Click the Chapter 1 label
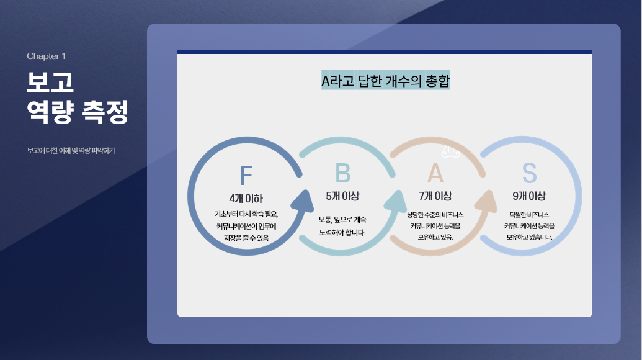point(46,56)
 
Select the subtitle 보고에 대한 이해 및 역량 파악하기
point(71,151)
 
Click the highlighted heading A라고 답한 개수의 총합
point(385,81)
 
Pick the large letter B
point(342,174)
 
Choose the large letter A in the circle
point(435,174)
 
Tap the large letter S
point(529,174)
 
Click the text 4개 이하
point(246,199)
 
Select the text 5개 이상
point(342,196)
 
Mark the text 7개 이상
point(435,196)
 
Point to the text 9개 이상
point(529,196)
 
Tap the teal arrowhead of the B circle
point(396,200)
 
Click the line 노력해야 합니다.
point(342,233)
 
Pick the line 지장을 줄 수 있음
point(246,238)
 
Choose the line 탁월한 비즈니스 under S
point(529,214)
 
